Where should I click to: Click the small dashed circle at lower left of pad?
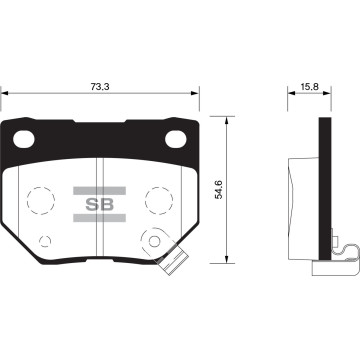point(46,241)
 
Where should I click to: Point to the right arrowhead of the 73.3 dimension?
point(197,94)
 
